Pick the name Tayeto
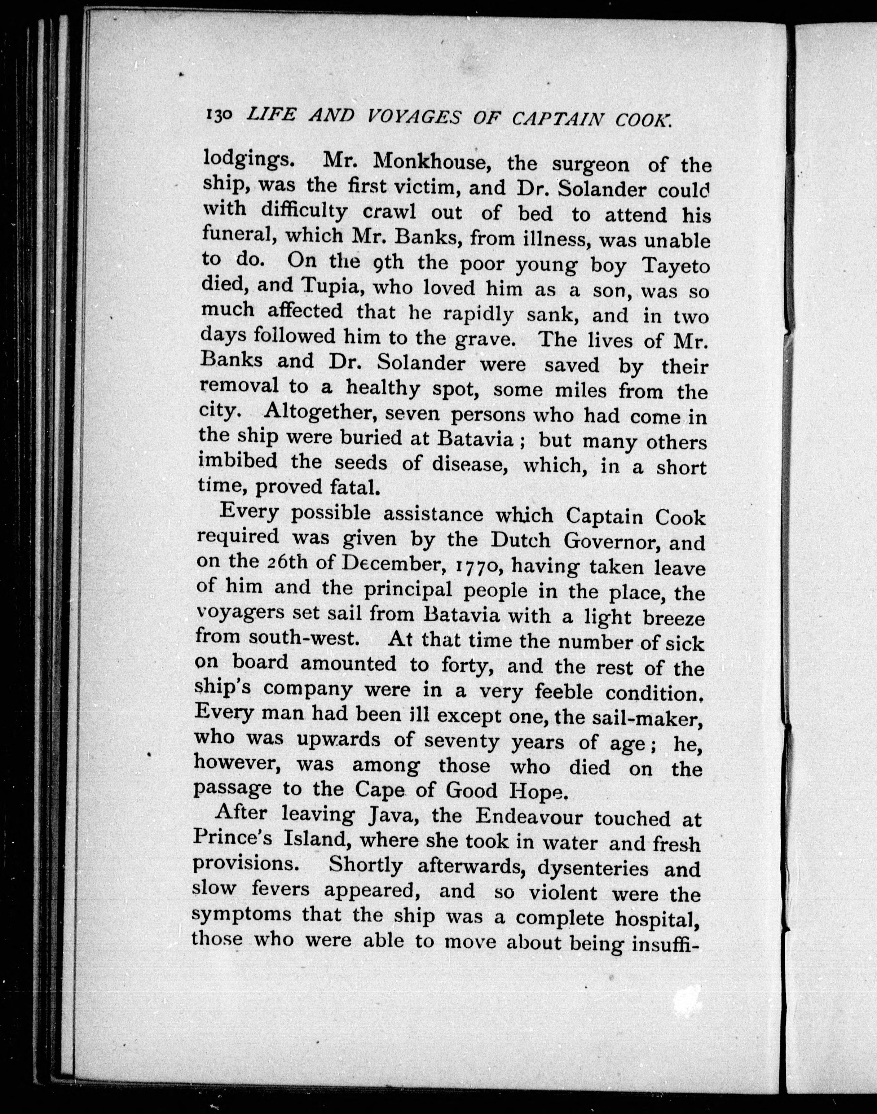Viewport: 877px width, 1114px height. click(674, 267)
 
